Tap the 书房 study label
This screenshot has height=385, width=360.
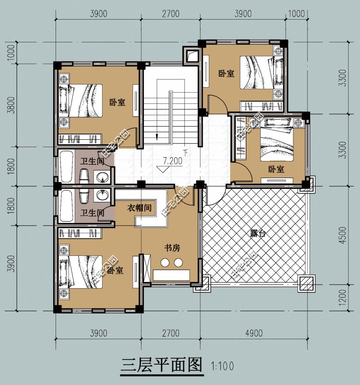pos(172,248)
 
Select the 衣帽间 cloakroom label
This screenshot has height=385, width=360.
pos(139,208)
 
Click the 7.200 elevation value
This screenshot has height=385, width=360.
pos(172,161)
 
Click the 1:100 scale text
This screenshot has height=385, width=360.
pos(222,366)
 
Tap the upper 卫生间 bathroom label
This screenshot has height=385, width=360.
pos(92,162)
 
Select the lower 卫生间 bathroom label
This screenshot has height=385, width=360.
pos(92,213)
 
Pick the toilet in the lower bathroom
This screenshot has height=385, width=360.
pos(84,197)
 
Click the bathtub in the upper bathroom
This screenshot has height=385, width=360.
pos(66,166)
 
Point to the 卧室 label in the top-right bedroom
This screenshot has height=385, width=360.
pos(226,74)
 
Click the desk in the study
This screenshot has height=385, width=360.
pos(172,275)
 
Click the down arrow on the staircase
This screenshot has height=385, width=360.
pos(158,136)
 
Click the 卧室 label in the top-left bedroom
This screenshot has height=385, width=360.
pos(117,102)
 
